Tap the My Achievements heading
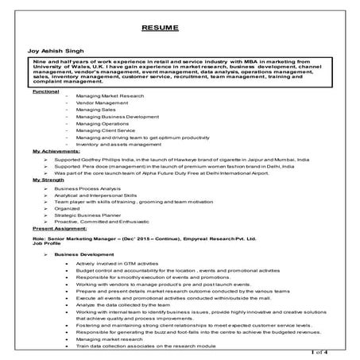[x=56, y=149]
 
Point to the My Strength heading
[x=49, y=180]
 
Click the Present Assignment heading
[x=60, y=226]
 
